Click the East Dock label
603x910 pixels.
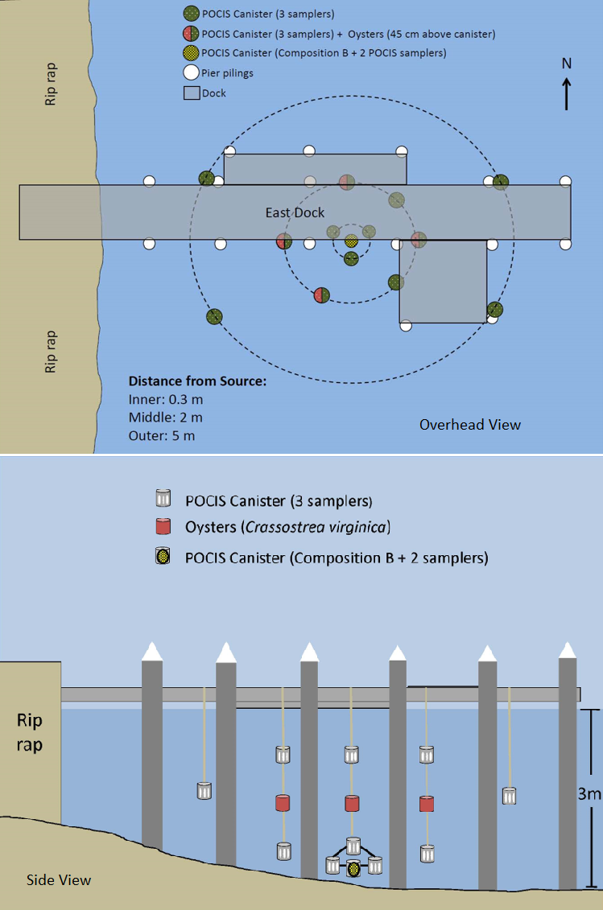(x=295, y=212)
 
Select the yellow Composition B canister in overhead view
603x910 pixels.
(x=351, y=241)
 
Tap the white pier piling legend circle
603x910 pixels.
(x=191, y=73)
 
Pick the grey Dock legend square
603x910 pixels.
(x=191, y=93)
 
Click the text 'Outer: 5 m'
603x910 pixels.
(x=162, y=436)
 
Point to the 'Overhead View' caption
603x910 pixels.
(x=469, y=424)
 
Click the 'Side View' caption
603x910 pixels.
(x=59, y=879)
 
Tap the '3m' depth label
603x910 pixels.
(x=590, y=795)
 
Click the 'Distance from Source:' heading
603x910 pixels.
(x=196, y=381)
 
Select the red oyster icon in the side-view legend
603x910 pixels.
(x=164, y=527)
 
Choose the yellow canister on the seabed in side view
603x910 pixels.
(x=353, y=869)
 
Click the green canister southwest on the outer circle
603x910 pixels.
(x=214, y=317)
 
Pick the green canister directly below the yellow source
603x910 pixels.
(x=351, y=258)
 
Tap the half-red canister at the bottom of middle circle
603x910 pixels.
(x=321, y=294)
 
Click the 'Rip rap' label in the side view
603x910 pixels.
(x=30, y=732)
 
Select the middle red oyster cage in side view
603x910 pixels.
(x=351, y=803)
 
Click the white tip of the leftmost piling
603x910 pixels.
(x=152, y=653)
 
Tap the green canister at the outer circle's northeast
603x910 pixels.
(x=501, y=182)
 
